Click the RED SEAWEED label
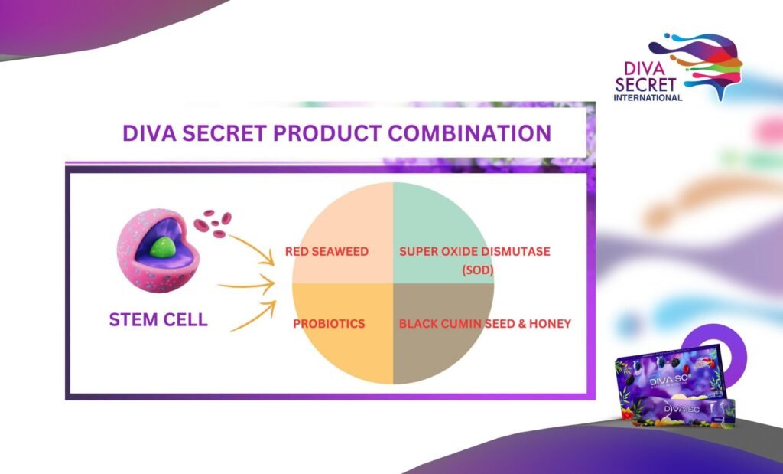pos(327,251)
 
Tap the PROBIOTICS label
pos(329,323)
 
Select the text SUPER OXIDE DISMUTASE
pos(474,251)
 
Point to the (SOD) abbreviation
pos(477,270)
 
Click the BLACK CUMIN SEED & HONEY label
pos(485,323)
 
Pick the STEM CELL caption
pos(158,319)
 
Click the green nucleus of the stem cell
pos(162,247)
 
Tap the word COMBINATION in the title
pos(470,133)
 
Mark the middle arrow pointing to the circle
pos(247,285)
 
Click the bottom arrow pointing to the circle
pos(253,316)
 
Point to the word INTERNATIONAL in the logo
pos(648,97)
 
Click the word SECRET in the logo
pos(645,85)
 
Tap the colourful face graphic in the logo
pos(699,64)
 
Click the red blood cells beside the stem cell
pos(213,223)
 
